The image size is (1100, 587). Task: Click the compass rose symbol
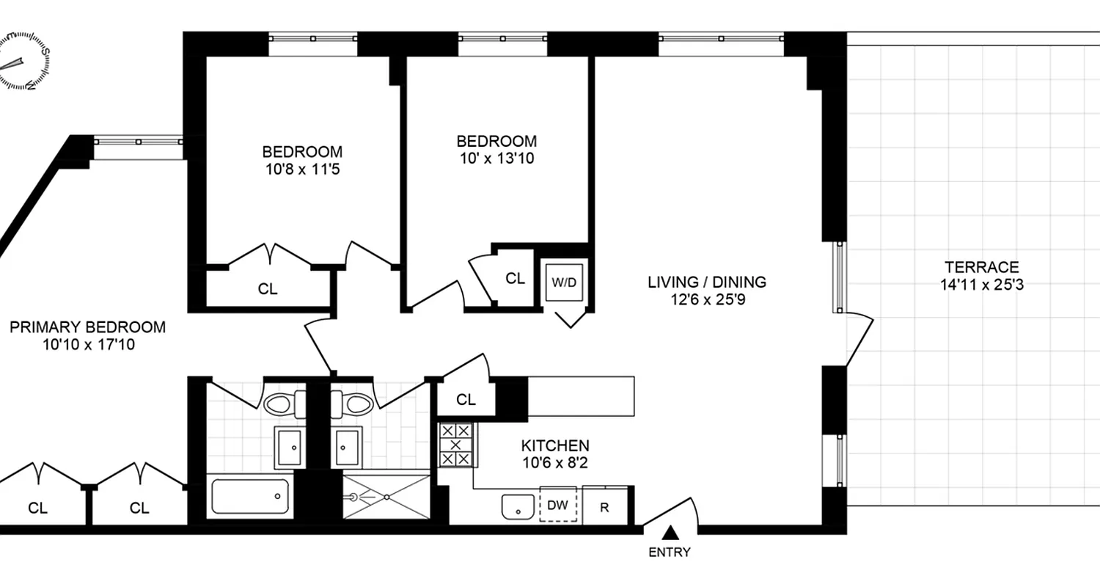click(x=23, y=64)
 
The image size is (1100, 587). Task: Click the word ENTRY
click(x=669, y=553)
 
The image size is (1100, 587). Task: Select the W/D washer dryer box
click(x=563, y=282)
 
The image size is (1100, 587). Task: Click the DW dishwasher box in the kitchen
click(x=558, y=505)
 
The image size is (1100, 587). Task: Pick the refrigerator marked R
click(x=605, y=506)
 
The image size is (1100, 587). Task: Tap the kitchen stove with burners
click(x=455, y=445)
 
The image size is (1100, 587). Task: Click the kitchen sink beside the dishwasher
click(x=518, y=506)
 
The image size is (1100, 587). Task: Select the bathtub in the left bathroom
click(x=249, y=496)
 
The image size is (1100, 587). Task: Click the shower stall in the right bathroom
click(x=386, y=496)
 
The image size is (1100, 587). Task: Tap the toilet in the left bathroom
click(x=281, y=404)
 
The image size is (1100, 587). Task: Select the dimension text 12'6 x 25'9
click(x=706, y=299)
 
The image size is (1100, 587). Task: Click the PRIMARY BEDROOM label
click(x=87, y=327)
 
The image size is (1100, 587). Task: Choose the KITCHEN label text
click(x=555, y=445)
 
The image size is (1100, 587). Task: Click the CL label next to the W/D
click(x=516, y=278)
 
